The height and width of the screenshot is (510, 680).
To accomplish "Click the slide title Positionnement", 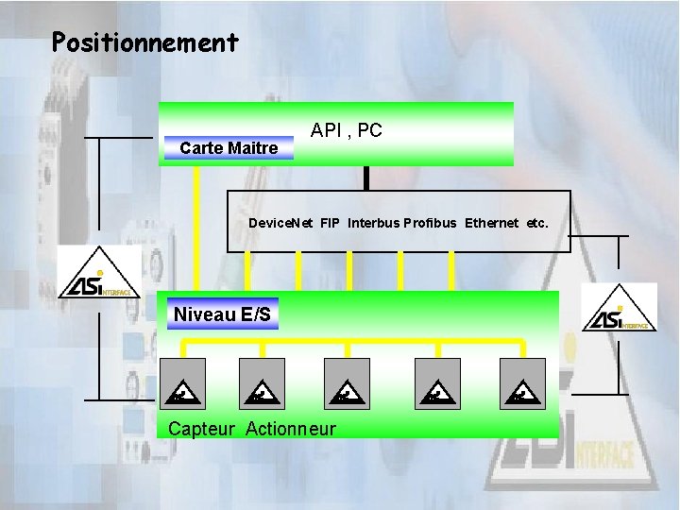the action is point(145,42).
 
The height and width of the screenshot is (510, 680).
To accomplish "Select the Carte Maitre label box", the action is point(229,148).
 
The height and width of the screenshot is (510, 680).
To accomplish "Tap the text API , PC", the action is point(347,131).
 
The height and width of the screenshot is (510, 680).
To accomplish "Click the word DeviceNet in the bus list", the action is point(280,224).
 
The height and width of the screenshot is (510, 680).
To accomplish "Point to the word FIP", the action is point(330,224).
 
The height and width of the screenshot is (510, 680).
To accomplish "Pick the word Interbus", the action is point(373,224).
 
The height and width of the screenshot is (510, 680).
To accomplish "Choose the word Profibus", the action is point(430,224).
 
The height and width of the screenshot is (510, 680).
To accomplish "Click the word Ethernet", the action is point(491,224).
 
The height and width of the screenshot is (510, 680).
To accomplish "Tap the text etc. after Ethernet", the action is point(537,224).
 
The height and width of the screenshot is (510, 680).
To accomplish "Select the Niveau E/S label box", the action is point(223,314).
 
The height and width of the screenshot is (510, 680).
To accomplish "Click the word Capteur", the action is point(201,429).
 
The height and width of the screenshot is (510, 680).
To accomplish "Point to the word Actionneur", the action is point(291,429).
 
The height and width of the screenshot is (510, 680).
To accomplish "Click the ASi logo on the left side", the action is point(98,273).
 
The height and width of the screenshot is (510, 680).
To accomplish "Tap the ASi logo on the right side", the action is point(620,309).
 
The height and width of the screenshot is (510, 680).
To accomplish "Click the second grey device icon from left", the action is point(262,383).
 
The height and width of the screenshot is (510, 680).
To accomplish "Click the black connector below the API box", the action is point(365,178).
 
